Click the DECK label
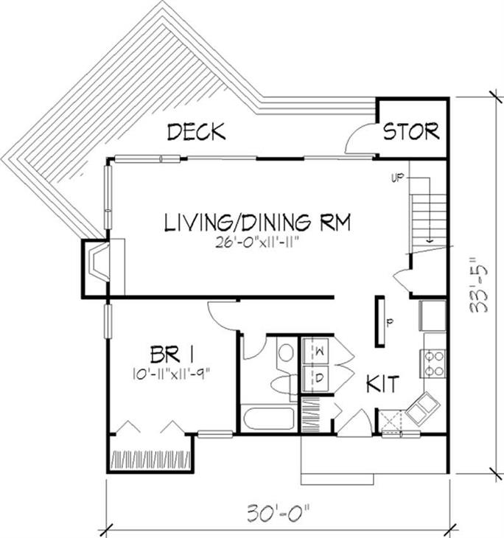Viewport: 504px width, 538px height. pos(196,133)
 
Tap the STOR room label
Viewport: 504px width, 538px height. pos(411,132)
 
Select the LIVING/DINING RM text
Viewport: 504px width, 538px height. pos(256,221)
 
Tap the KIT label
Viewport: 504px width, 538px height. pos(383,383)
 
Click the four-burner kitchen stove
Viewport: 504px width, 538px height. pos(433,363)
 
